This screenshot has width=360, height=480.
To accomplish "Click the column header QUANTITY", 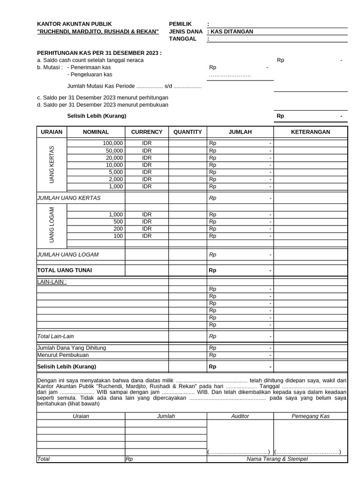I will [x=187, y=132].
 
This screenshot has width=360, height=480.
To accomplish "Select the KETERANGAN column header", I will [x=310, y=132].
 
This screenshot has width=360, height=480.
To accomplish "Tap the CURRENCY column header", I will [x=147, y=132].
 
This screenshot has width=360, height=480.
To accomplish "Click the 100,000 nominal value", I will [x=113, y=143].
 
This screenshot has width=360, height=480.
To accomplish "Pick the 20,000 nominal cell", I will [x=114, y=158].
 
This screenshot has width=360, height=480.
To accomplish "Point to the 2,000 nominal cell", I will [x=115, y=179].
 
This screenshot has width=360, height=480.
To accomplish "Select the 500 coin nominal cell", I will [x=118, y=222].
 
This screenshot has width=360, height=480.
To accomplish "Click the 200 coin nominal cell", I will [x=118, y=229].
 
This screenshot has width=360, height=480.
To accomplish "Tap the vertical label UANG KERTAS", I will [x=52, y=165].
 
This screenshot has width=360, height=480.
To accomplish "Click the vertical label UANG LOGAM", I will [x=52, y=225].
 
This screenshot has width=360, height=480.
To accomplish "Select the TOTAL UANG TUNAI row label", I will [x=65, y=270].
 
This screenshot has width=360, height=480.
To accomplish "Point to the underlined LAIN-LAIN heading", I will [x=52, y=282].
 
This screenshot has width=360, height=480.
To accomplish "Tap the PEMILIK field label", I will [x=180, y=24].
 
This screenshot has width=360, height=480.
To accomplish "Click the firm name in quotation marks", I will [x=98, y=31].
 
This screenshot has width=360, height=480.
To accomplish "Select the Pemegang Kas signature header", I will [x=310, y=416].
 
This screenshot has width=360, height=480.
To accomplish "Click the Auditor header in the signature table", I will [x=240, y=416].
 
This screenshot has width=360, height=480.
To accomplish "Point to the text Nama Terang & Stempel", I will [x=277, y=459].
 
